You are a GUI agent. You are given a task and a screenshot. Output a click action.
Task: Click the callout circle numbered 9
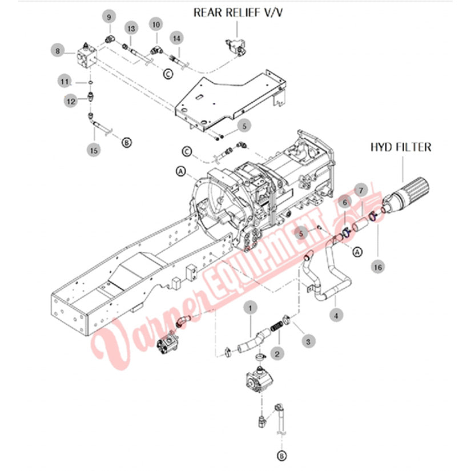click(x=108, y=17)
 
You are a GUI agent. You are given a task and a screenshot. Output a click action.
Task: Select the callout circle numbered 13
click(x=131, y=28)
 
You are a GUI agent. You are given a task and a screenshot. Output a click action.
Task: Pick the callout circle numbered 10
click(x=156, y=24)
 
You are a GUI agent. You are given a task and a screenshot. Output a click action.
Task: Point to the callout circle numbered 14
click(x=178, y=38)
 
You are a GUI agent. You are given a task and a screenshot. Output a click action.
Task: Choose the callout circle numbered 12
click(x=71, y=101)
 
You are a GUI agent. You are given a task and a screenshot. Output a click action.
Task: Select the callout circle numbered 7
click(x=360, y=190)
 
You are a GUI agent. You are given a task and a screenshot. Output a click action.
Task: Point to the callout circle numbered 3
click(x=308, y=341)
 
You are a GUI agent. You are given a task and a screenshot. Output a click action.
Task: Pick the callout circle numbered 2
click(x=277, y=354)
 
